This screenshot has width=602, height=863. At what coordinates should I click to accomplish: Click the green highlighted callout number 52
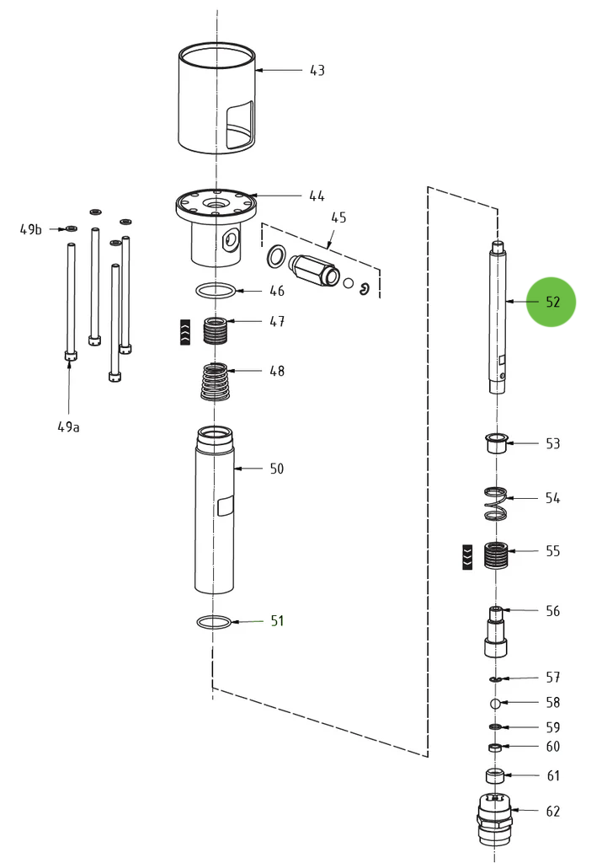pos(551,302)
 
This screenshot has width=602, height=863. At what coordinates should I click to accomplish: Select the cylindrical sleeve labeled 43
pos(216,99)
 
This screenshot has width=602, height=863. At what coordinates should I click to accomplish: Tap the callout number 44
pos(317,196)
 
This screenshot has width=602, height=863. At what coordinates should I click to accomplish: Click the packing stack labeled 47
pos(217,330)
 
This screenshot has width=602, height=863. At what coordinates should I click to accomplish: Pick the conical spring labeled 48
pos(217,382)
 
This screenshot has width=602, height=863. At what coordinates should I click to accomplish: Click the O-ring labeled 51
pos(213,622)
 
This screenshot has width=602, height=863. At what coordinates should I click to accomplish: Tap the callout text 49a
pos(69,426)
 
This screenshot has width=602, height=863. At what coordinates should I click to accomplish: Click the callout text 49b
pos(31,229)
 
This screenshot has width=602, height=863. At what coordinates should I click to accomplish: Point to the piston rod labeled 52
pos(498,316)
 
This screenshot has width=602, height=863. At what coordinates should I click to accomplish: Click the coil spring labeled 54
pos(496,503)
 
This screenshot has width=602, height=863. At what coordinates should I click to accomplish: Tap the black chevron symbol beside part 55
pos(467,557)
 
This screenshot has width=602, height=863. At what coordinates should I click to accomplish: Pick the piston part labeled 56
pos(496,631)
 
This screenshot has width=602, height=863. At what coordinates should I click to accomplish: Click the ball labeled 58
pos(496,703)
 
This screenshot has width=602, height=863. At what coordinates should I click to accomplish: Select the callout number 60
pos(552,747)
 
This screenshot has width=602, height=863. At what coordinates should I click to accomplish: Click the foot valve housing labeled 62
pos(494,818)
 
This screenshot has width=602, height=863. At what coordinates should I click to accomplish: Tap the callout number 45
pos(338,217)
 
